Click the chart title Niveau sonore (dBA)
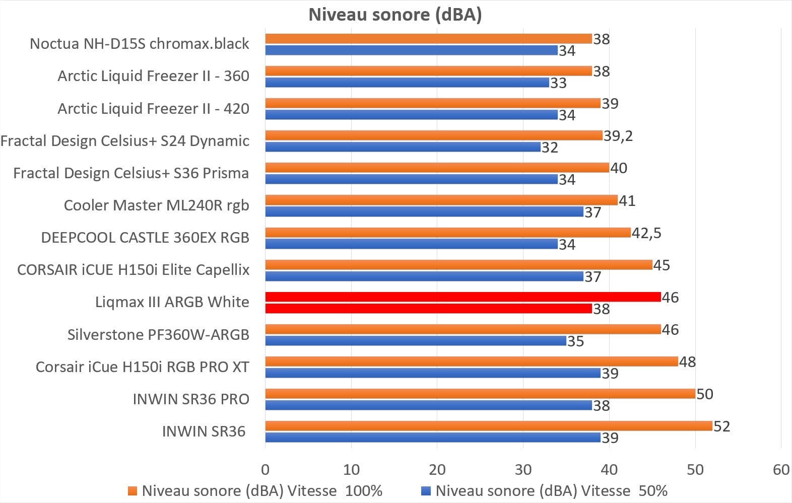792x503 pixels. click(x=395, y=14)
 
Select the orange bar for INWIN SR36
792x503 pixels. click(x=488, y=426)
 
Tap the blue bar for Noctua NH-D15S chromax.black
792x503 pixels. click(x=411, y=50)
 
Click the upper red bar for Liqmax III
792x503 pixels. click(x=463, y=297)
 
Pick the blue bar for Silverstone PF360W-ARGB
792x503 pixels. click(x=416, y=341)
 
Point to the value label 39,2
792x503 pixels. click(x=618, y=135)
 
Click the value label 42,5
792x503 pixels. click(x=646, y=233)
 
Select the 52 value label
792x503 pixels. click(x=721, y=426)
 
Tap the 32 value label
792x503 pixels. click(x=550, y=148)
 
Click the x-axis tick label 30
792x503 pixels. click(x=523, y=469)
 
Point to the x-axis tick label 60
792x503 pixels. click(x=781, y=469)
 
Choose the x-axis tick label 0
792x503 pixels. click(x=266, y=469)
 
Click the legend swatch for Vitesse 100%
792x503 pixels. click(x=133, y=491)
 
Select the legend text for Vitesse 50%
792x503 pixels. click(x=551, y=490)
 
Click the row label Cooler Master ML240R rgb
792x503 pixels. click(x=156, y=205)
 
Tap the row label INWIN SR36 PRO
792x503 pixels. click(x=191, y=399)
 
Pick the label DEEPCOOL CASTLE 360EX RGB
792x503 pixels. click(x=145, y=238)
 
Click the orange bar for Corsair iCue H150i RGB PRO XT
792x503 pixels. click(x=472, y=362)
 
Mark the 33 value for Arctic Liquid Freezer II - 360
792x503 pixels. click(x=558, y=83)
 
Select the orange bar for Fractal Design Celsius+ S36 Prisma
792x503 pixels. click(x=437, y=168)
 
